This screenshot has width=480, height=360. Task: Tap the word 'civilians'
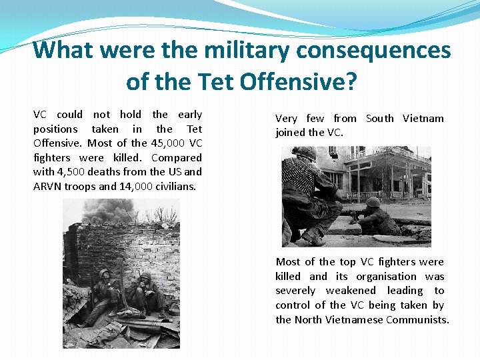176,186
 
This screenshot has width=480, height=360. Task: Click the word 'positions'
55,129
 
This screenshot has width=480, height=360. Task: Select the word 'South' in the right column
380,118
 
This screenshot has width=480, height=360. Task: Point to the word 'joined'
291,132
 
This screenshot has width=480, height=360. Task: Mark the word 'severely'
295,291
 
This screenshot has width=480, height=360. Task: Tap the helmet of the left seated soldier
104,273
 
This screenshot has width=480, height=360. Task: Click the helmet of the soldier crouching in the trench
374,202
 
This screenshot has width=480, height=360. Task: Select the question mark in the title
351,82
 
